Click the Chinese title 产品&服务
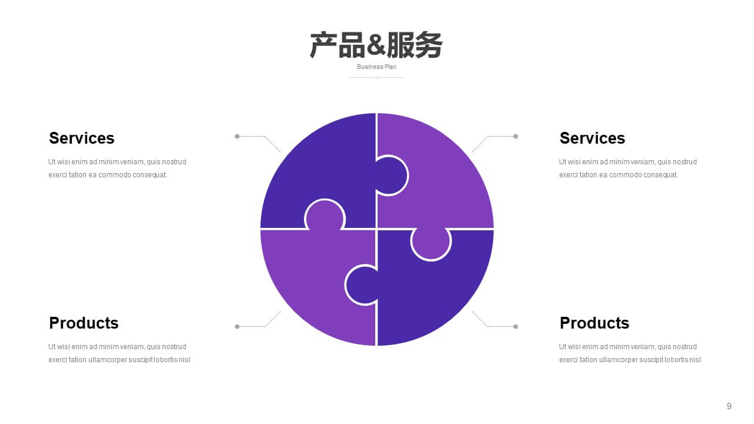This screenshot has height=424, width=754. (376, 45)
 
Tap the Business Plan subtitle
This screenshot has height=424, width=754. (376, 67)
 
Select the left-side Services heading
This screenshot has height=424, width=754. (82, 138)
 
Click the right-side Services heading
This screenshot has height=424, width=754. (593, 138)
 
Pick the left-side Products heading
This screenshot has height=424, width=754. (84, 323)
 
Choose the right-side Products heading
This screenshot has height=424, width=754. (594, 323)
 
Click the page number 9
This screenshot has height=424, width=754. (729, 406)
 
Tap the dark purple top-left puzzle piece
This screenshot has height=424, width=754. (320, 168)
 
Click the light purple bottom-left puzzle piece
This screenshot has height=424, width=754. (310, 289)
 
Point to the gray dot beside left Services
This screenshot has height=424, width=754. (237, 136)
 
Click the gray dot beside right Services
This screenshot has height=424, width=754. (515, 136)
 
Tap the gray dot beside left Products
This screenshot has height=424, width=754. (237, 326)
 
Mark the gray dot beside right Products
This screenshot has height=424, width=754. (515, 326)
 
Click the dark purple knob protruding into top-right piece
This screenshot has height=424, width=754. (391, 175)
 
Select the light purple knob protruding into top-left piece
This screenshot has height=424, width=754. (325, 216)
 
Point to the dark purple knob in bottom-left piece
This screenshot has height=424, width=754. (362, 284)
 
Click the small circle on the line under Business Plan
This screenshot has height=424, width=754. (378, 77)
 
